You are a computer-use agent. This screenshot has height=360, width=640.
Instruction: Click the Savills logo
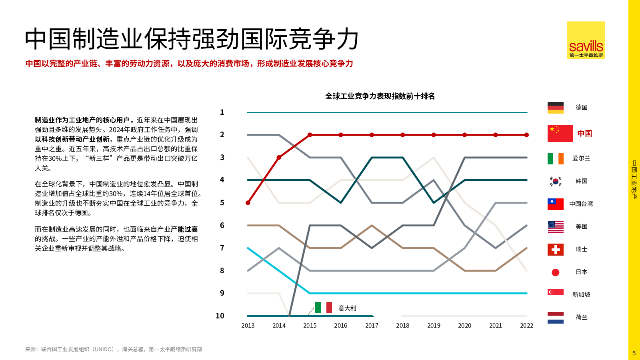click(586, 40)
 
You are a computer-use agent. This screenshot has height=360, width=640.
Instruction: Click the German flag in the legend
click(555, 108)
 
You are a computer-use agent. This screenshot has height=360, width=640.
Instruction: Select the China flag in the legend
click(560, 134)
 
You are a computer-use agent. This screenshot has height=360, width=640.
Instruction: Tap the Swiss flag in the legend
click(555, 250)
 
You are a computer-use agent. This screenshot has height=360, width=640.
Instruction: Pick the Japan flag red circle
click(555, 272)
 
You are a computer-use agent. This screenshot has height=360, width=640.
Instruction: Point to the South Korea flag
click(555, 181)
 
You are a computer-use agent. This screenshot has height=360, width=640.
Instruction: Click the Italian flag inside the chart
click(323, 308)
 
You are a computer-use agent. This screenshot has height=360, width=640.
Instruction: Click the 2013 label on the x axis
click(248, 326)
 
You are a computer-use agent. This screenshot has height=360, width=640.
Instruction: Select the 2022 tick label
click(526, 326)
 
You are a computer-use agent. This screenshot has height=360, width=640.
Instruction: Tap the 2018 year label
click(402, 326)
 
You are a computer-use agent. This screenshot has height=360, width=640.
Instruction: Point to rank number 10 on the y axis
click(220, 316)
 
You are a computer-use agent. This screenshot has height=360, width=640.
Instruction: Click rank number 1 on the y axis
click(222, 112)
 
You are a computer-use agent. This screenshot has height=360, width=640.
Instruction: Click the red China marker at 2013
click(248, 203)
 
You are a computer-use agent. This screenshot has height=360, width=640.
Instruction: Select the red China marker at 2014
click(279, 158)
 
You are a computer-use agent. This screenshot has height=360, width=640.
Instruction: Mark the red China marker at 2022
click(526, 135)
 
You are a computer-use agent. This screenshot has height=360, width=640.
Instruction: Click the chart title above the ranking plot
click(380, 96)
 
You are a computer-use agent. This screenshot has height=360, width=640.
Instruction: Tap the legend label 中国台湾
click(581, 204)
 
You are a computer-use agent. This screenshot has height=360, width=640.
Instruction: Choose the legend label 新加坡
click(581, 295)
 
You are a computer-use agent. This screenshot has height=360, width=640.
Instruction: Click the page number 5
click(634, 353)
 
